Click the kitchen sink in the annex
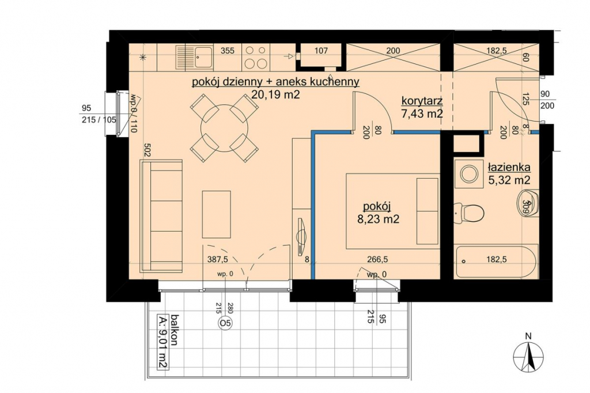[x=194, y=57]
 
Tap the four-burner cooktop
[x=255, y=57]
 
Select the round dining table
[x=224, y=128]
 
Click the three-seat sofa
[x=161, y=216]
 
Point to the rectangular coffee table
[x=217, y=214]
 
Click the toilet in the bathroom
[x=468, y=213]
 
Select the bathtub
[x=496, y=262]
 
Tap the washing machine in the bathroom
[x=469, y=173]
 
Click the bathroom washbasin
[x=527, y=203]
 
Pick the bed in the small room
[x=393, y=211]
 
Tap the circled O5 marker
[x=225, y=323]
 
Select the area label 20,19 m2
[x=275, y=95]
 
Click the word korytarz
[x=422, y=101]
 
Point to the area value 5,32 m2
[x=509, y=180]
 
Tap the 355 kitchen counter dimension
[x=227, y=51]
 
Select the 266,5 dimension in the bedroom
[x=377, y=259]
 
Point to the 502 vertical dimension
[x=147, y=152]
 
